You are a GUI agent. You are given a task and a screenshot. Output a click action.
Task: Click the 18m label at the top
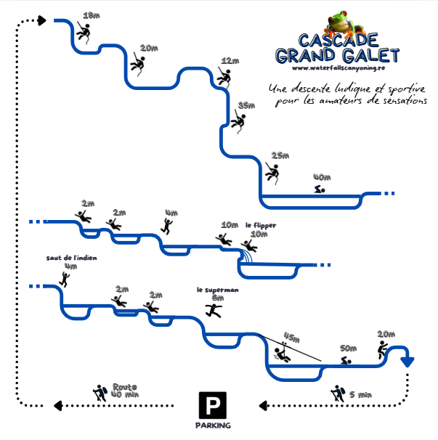(92, 15)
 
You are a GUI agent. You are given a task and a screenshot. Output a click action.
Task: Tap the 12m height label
(230, 61)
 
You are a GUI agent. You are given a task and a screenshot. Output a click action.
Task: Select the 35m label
(247, 105)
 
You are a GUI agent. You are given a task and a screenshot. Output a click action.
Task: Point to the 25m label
(280, 155)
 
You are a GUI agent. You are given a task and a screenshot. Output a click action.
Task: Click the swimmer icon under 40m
(320, 190)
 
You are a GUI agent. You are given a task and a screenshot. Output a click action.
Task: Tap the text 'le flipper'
(260, 225)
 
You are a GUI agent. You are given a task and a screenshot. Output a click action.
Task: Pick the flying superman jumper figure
(213, 310)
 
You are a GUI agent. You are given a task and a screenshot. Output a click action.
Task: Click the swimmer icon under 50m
(347, 361)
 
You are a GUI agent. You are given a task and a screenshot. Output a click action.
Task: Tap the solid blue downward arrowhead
(407, 361)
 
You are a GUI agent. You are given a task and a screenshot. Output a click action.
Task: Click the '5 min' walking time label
(360, 394)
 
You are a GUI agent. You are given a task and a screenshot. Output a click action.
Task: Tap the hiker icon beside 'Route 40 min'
(100, 393)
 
